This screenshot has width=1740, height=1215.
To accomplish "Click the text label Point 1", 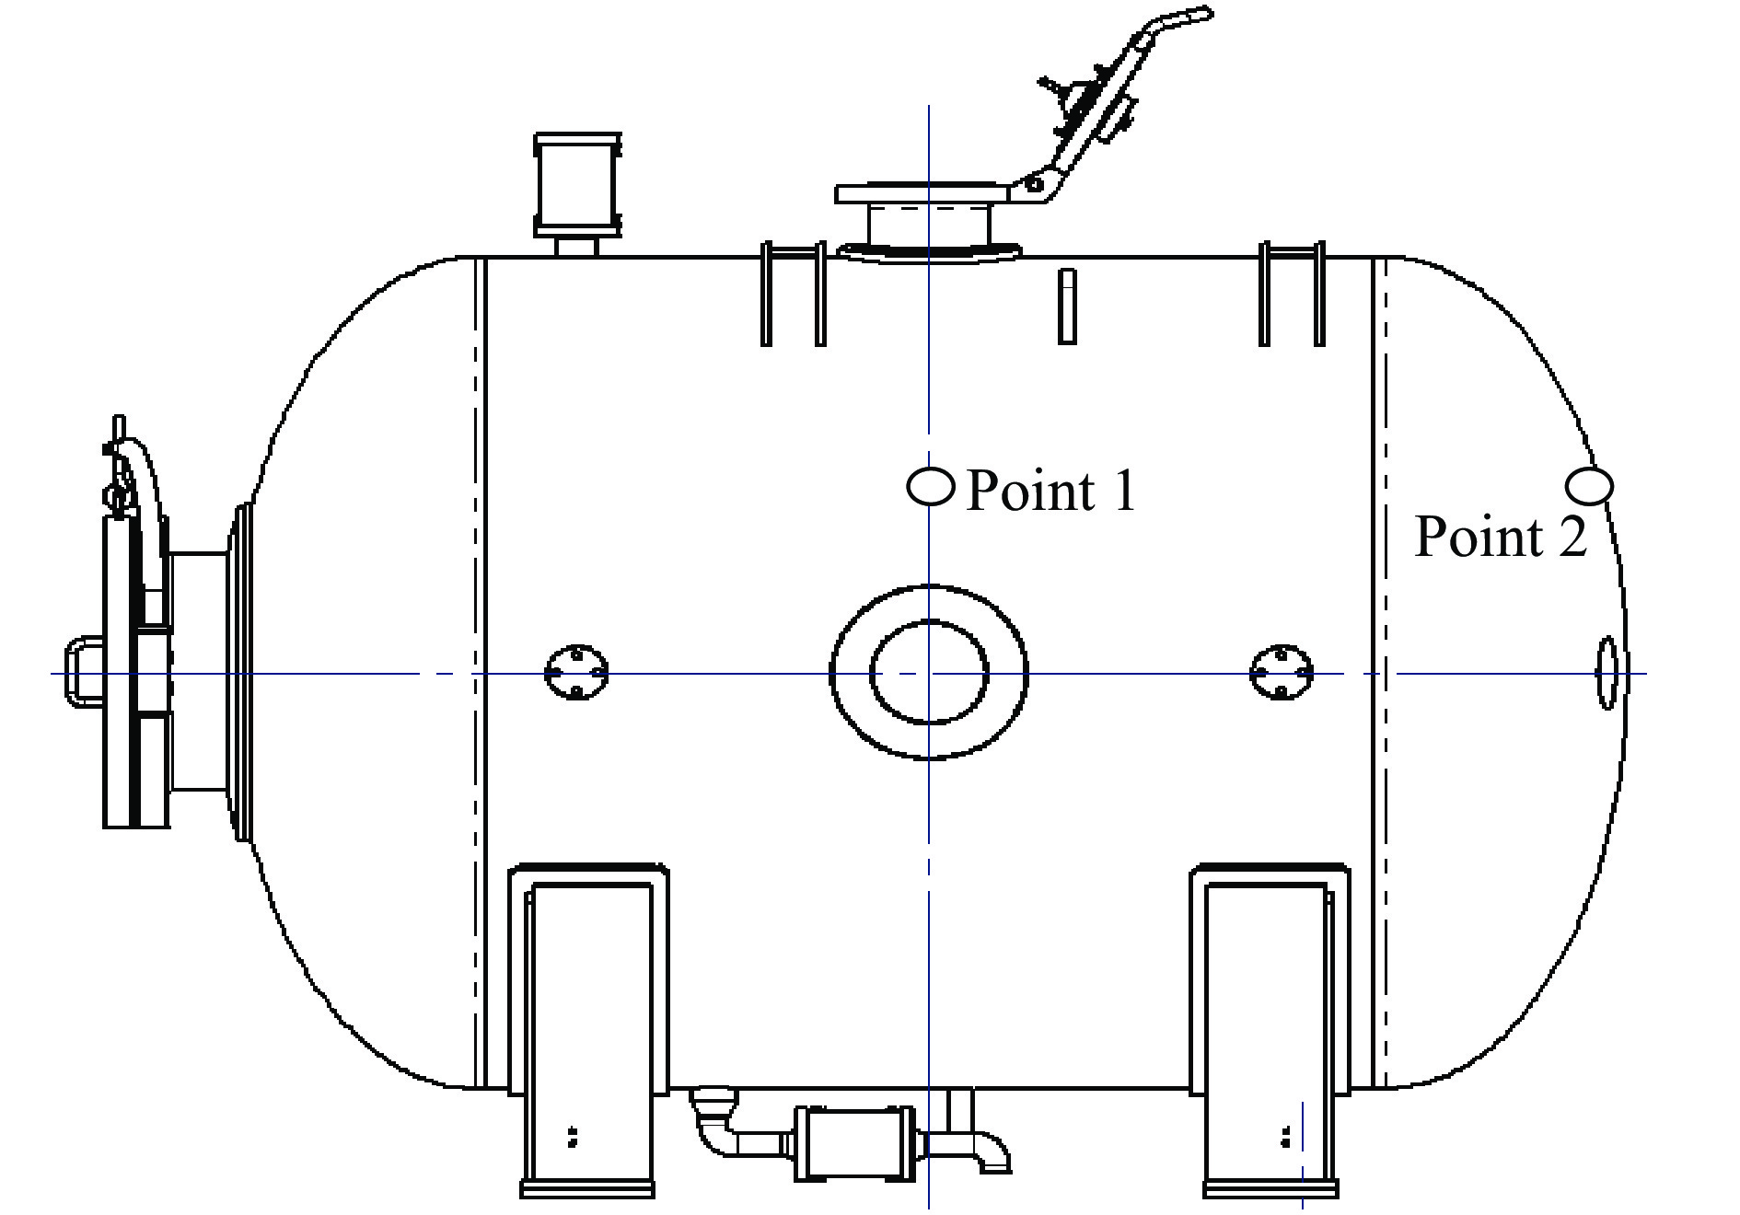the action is point(1051,490).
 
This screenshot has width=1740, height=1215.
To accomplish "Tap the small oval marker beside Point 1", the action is point(931,486).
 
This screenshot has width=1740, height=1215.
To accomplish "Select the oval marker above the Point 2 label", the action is point(1589,485).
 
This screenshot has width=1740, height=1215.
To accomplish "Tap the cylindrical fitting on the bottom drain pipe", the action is point(855,1142).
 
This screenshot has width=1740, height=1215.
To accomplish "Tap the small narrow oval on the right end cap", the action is point(1607,673).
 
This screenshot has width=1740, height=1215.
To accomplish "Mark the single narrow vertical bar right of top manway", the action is point(1067,307).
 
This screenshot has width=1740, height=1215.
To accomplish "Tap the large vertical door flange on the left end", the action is point(135,672).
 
